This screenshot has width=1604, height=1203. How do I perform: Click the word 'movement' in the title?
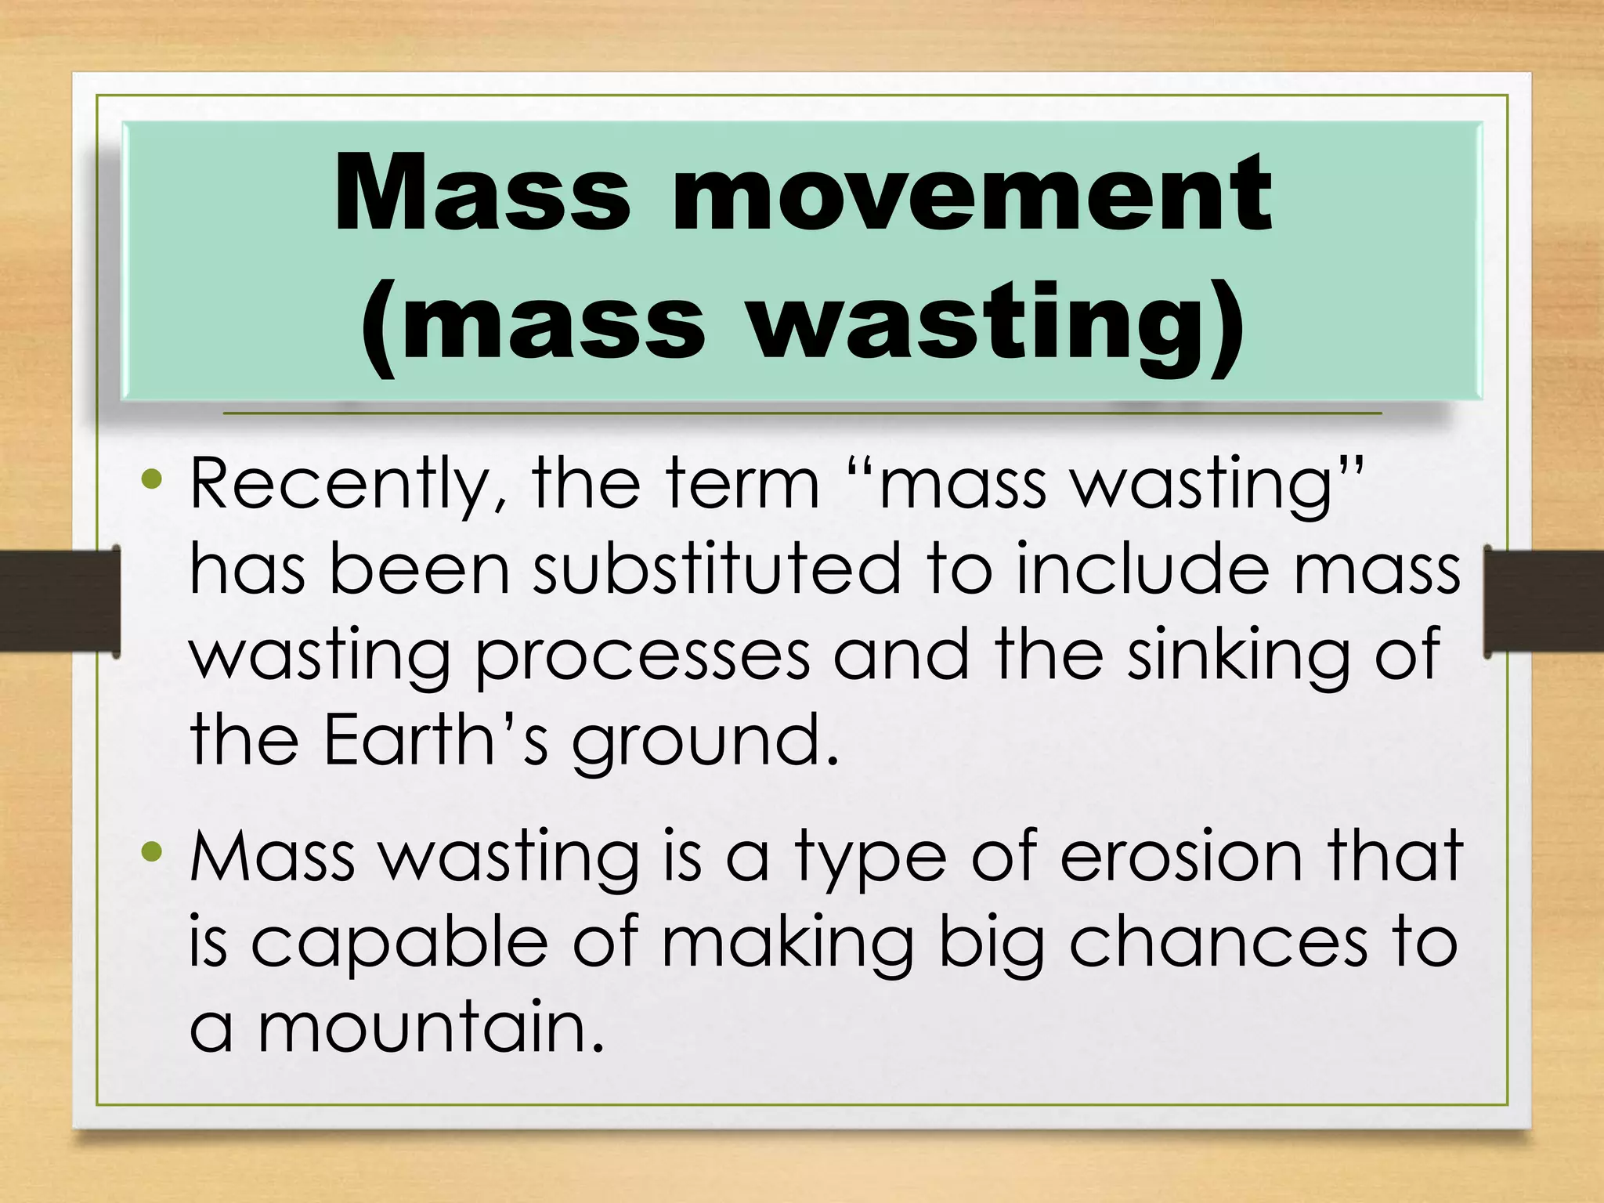click(x=971, y=193)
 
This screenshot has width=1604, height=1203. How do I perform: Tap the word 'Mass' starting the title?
click(x=481, y=193)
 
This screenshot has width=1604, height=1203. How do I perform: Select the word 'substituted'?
click(x=716, y=570)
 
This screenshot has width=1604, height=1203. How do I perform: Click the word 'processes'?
click(x=642, y=656)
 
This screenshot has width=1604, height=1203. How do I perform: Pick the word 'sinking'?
click(x=1237, y=656)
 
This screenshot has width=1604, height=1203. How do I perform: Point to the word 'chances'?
click(x=1218, y=943)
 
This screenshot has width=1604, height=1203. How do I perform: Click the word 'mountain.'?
click(x=431, y=1028)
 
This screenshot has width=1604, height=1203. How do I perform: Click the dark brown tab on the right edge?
click(x=1543, y=600)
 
